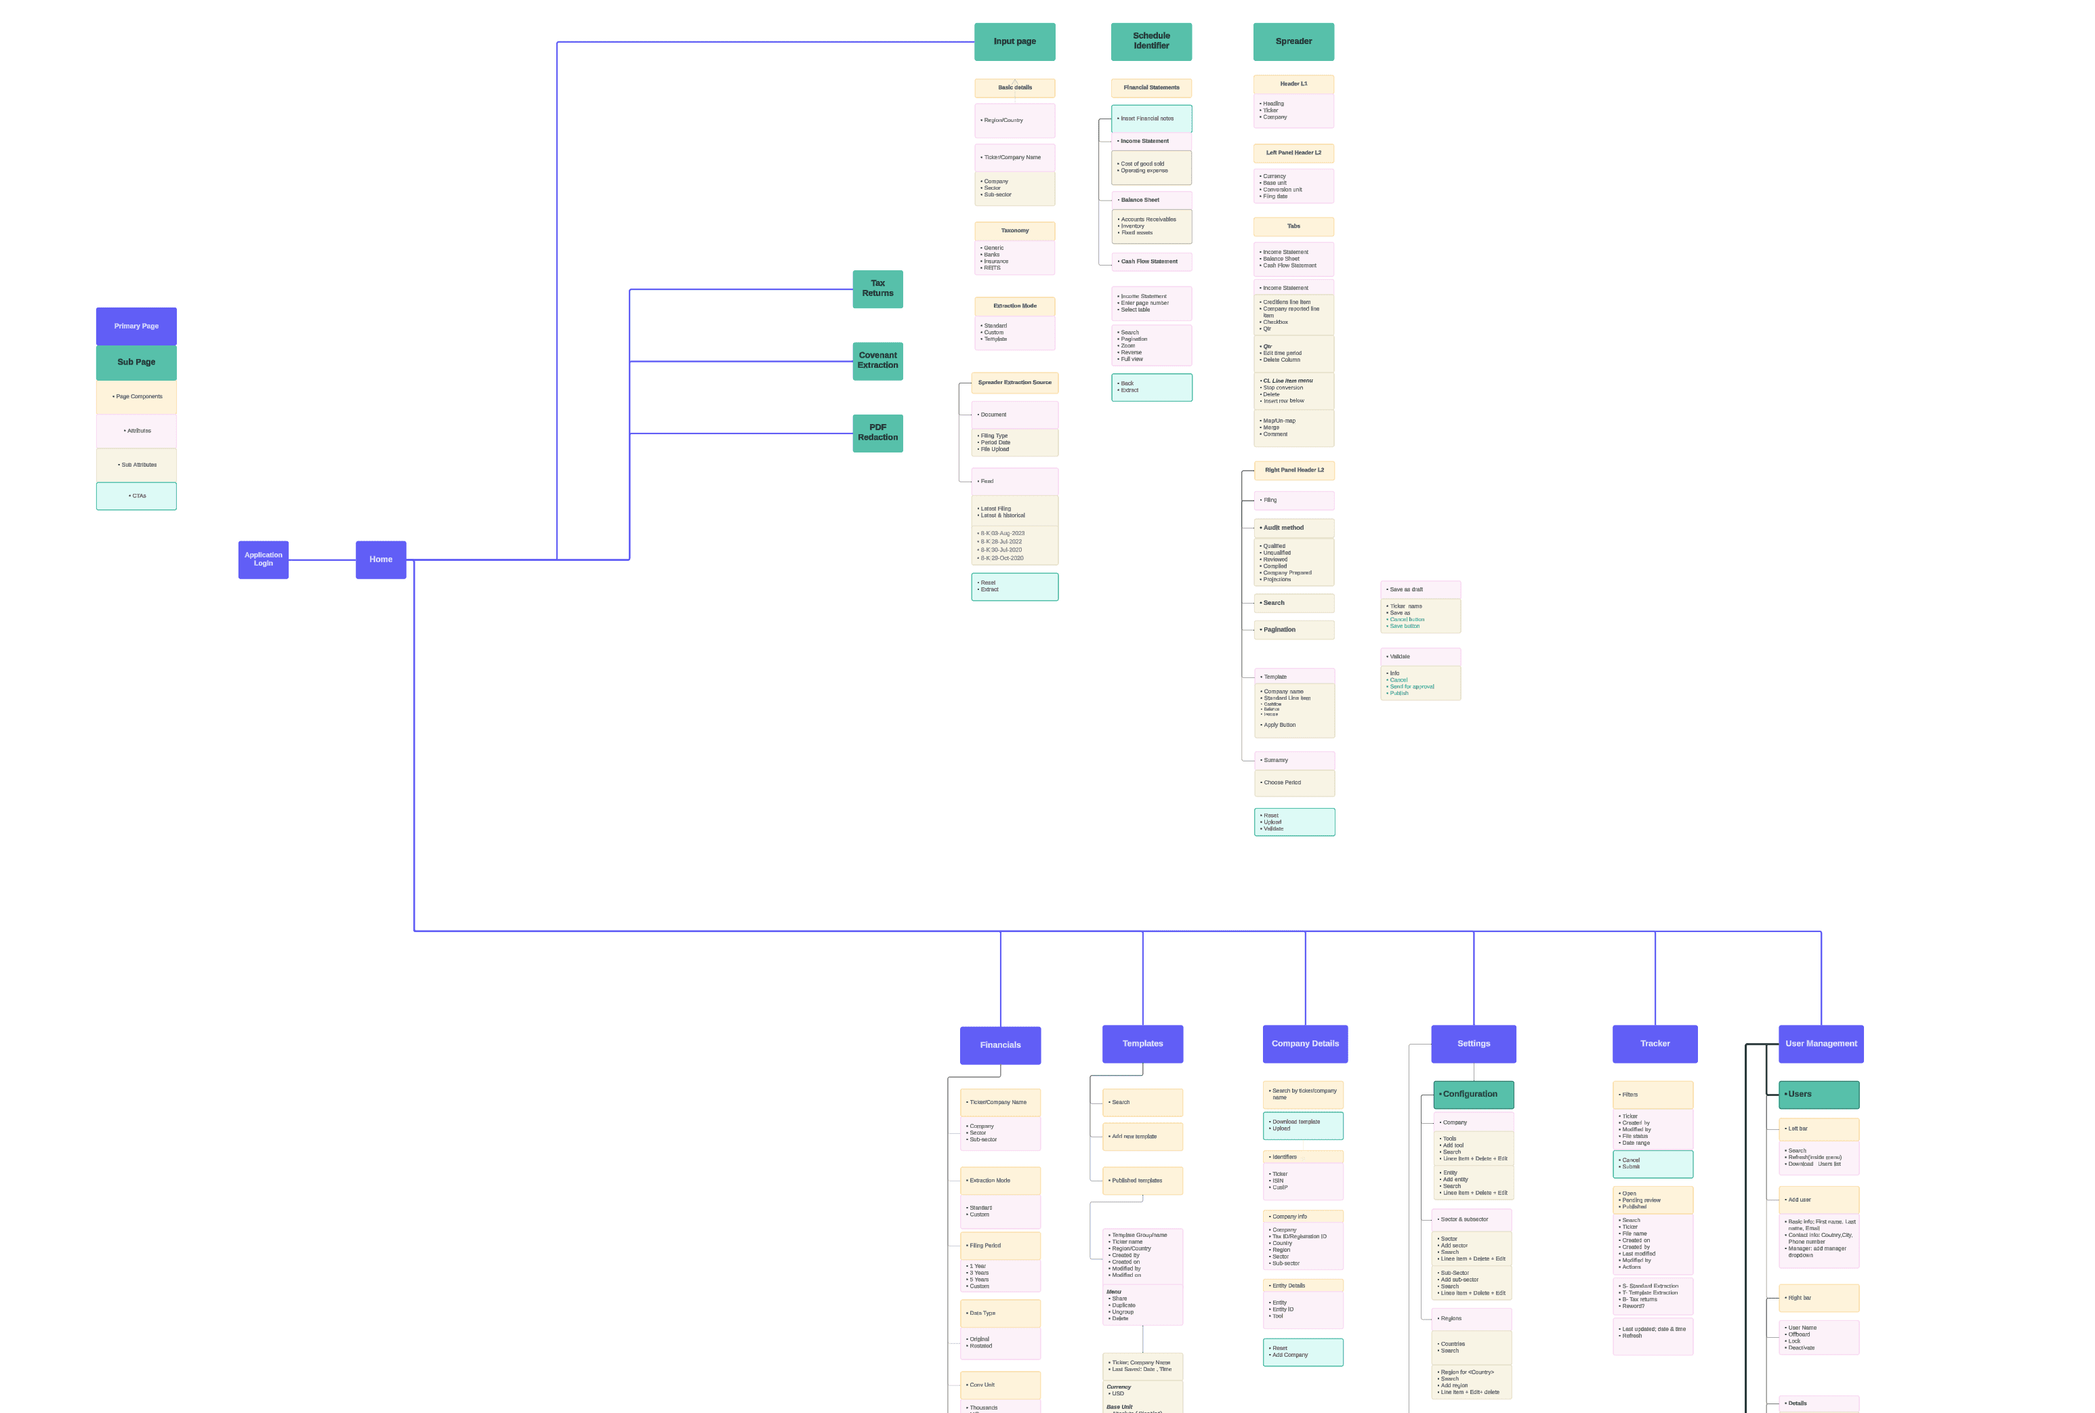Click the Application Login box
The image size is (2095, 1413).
[263, 560]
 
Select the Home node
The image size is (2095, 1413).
[380, 560]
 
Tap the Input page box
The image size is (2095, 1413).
[1014, 41]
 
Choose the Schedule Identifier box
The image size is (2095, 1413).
[1151, 41]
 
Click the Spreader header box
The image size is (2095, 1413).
[1293, 41]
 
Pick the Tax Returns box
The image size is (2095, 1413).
[877, 289]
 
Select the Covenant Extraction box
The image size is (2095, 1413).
[877, 360]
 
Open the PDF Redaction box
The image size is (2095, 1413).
[877, 433]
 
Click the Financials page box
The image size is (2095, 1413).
[999, 1045]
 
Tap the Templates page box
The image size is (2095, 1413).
[1142, 1044]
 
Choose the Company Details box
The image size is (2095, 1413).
[1304, 1044]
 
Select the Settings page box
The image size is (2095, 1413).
[1473, 1044]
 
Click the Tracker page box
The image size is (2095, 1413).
[1654, 1044]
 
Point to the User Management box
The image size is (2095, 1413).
[1820, 1044]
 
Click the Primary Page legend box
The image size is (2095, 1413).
[136, 326]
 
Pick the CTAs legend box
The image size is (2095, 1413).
[136, 496]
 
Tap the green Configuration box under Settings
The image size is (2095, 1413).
[1473, 1094]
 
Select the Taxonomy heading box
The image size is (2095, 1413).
[1014, 231]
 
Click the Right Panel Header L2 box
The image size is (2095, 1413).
[1293, 470]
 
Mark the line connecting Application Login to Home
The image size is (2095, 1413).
[322, 560]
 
